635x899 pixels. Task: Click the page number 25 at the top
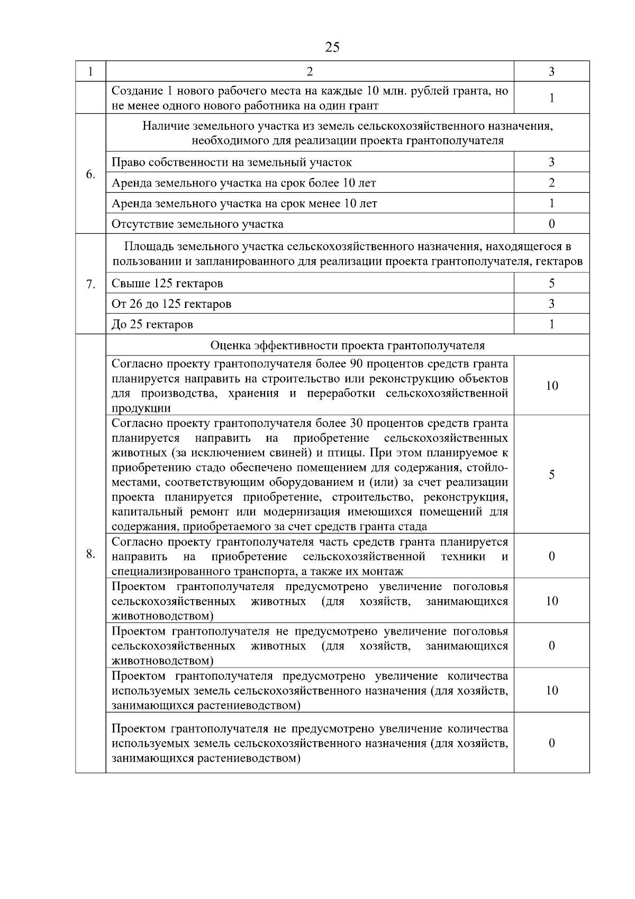(332, 47)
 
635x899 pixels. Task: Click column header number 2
(310, 72)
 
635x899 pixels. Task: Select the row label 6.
(90, 174)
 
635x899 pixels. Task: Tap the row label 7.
(90, 284)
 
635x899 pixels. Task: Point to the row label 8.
(90, 554)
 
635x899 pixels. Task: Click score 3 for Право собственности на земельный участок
(551, 162)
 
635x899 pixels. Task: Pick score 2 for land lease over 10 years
(551, 183)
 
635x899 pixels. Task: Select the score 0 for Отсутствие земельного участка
(551, 224)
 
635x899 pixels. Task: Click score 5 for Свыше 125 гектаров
(551, 283)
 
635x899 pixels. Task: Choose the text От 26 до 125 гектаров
(171, 304)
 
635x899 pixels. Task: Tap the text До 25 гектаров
(152, 324)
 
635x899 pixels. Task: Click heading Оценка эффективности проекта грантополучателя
(347, 345)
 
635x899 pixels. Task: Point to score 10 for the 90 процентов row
(551, 386)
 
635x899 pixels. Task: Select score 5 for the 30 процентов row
(551, 475)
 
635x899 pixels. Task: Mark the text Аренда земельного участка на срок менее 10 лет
(244, 203)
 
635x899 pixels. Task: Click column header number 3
(551, 72)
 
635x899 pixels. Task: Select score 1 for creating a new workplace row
(551, 98)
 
